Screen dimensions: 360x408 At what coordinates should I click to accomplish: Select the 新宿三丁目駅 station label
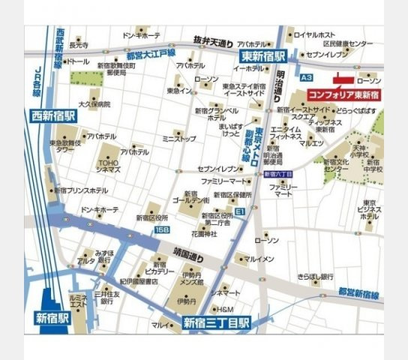(x=217, y=324)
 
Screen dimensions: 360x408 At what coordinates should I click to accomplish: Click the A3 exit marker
(x=305, y=77)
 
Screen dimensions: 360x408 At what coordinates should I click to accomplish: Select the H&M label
(x=226, y=309)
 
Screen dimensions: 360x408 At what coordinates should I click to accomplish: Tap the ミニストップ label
(x=178, y=139)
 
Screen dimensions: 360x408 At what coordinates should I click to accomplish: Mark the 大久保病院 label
(x=94, y=104)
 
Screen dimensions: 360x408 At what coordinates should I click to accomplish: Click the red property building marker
(x=344, y=77)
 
